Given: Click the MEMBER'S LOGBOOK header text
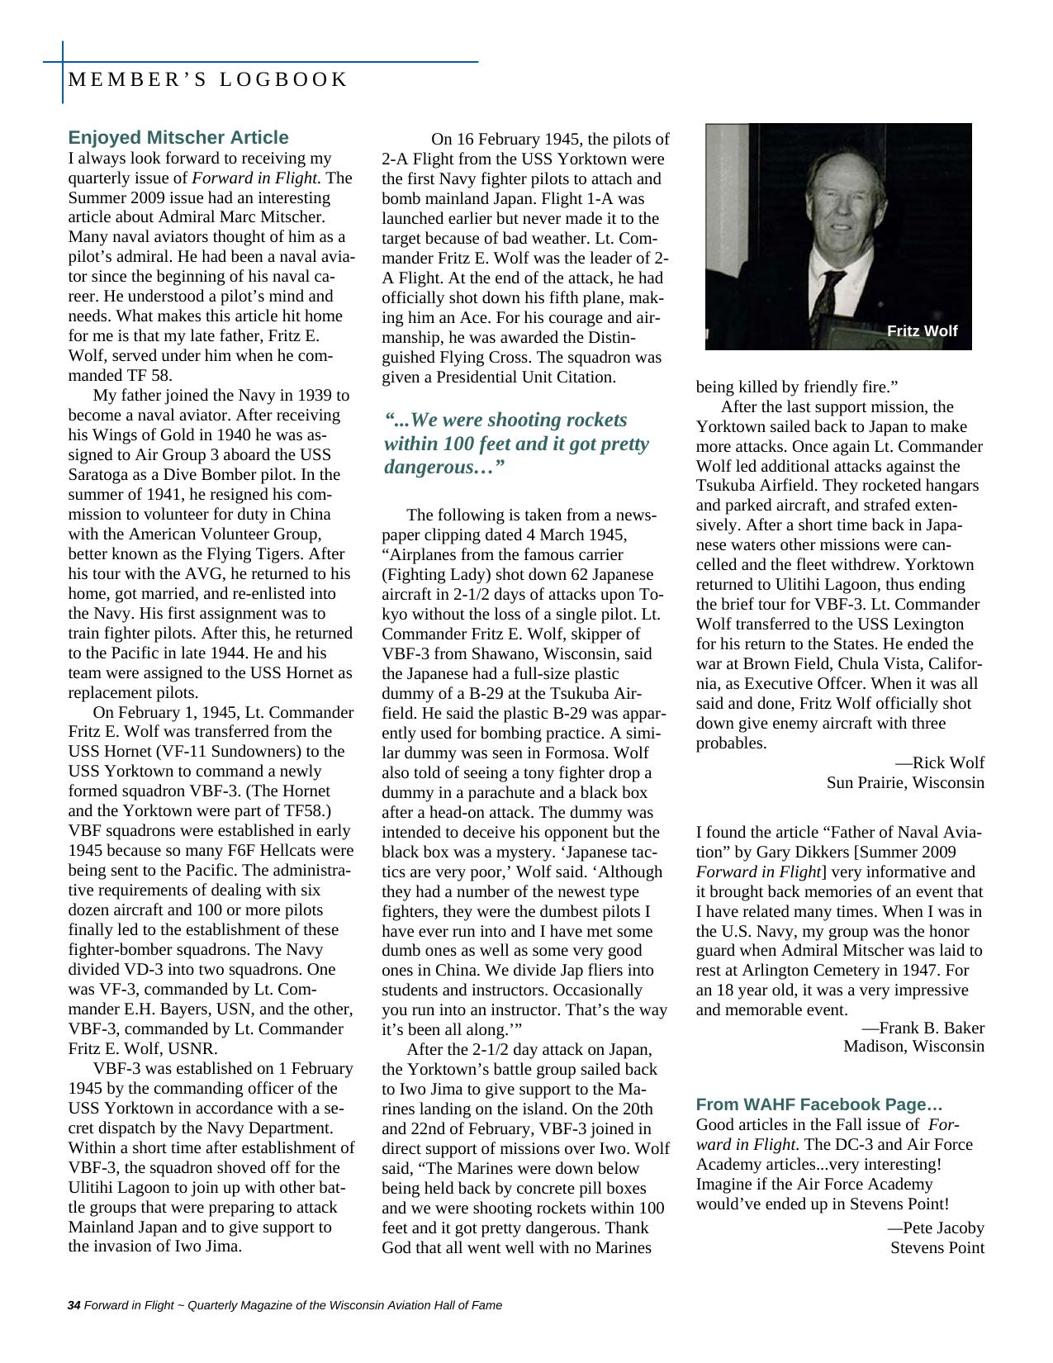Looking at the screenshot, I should [207, 80].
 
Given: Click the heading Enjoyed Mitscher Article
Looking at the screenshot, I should [178, 138].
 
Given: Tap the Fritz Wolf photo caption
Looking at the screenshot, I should [922, 331].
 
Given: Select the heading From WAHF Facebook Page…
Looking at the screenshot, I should [818, 1104].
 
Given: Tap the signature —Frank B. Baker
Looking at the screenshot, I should [923, 1028].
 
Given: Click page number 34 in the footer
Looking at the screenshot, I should [74, 1305].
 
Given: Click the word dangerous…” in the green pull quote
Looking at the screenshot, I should [444, 468].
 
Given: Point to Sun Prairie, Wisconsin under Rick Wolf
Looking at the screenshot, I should [905, 782].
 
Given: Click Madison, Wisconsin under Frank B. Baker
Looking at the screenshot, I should [913, 1047].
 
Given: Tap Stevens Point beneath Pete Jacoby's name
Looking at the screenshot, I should [937, 1247].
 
